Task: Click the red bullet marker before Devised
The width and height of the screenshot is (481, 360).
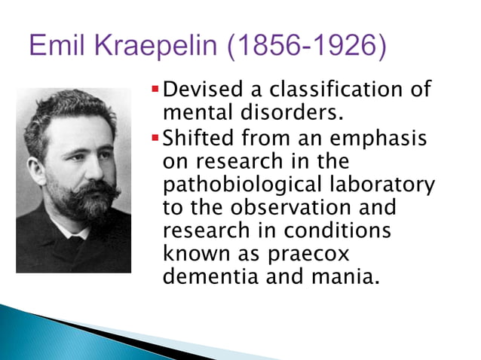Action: tap(156, 91)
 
